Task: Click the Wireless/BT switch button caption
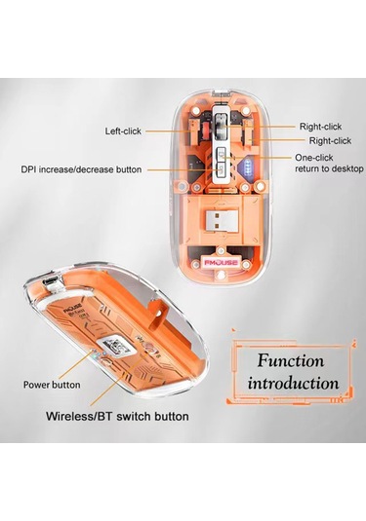118,417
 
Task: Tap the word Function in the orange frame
291,361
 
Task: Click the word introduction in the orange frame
293,383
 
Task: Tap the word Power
39,385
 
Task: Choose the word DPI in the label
29,169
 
